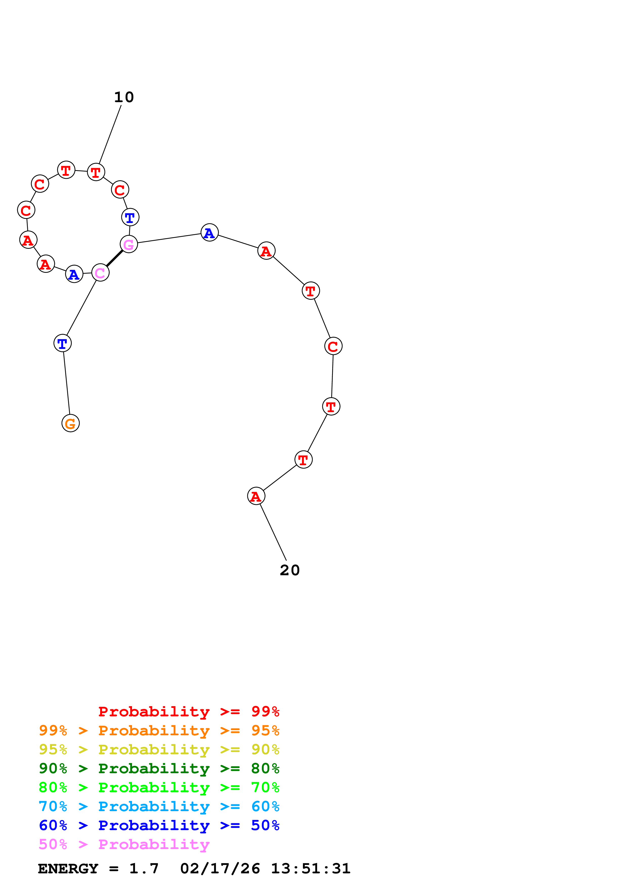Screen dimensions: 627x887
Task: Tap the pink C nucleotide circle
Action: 100,273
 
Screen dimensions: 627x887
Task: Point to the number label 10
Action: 124,97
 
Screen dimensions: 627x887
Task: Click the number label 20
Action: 290,570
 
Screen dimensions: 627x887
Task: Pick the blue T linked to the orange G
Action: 62,343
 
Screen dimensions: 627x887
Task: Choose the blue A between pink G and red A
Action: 209,233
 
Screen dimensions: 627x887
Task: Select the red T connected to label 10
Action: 96,172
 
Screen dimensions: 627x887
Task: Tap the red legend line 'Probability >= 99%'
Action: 189,712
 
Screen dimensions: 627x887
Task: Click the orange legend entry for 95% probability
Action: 159,730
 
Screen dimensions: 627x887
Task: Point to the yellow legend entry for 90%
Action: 159,749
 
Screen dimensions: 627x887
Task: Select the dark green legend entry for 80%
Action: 159,768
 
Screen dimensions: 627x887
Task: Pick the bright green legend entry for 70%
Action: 159,787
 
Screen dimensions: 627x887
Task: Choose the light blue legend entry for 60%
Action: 159,806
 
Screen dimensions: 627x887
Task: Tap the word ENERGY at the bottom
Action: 68,869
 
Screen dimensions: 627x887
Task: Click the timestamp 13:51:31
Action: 311,869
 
